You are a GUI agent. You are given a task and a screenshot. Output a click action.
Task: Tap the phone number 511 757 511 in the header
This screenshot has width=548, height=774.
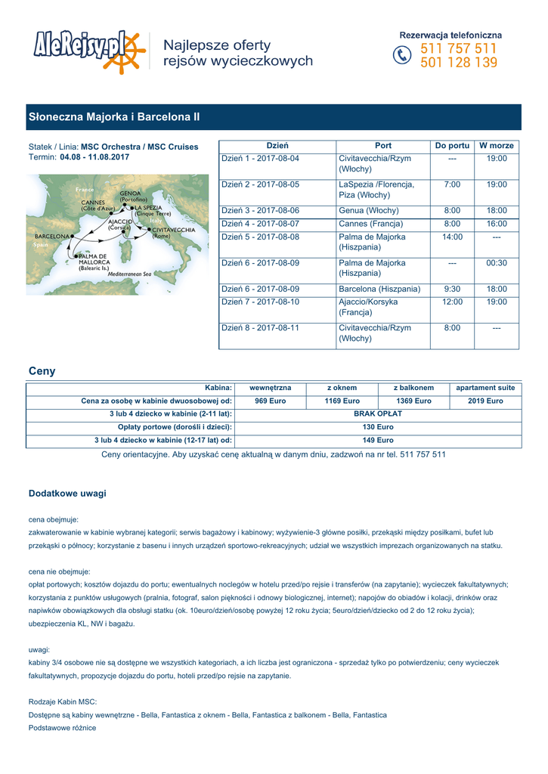point(459,48)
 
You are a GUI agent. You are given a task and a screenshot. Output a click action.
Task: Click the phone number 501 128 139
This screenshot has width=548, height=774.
point(459,63)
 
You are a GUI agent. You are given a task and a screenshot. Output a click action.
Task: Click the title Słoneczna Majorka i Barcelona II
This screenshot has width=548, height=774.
point(114,117)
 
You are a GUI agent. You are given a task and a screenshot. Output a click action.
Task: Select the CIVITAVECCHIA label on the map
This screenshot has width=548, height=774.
point(174,230)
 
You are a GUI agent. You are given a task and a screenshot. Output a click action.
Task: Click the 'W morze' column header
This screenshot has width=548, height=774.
point(497,145)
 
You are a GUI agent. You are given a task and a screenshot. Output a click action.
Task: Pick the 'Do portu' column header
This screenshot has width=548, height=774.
point(452,145)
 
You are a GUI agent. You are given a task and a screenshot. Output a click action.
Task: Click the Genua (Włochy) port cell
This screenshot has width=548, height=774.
point(379,211)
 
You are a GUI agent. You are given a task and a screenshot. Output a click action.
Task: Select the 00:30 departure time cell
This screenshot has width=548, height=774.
point(497,263)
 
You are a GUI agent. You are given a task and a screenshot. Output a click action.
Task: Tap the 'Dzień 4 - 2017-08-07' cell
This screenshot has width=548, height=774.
point(261,224)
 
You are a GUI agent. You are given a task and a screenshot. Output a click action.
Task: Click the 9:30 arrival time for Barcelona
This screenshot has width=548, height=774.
point(452,289)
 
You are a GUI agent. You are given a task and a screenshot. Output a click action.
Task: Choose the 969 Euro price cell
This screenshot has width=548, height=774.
point(270,401)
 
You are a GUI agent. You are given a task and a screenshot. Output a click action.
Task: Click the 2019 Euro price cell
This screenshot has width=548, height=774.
point(485,401)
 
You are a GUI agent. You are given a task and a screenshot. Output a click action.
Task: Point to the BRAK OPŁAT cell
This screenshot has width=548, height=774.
point(378,414)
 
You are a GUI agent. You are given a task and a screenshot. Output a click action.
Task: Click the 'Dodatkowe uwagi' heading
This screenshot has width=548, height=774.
point(67,494)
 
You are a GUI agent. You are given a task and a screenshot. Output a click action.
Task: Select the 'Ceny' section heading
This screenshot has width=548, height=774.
point(42,371)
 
